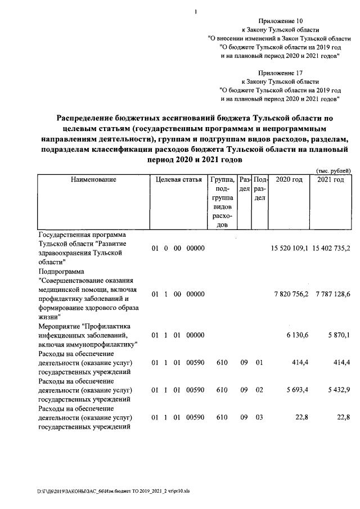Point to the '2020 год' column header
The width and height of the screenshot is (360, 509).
(290, 179)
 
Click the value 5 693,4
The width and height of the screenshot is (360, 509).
(297, 389)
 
